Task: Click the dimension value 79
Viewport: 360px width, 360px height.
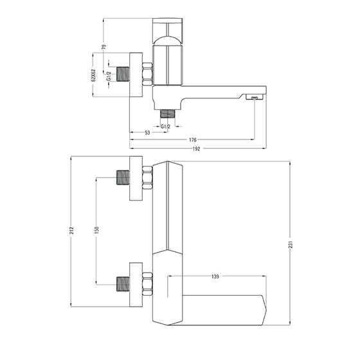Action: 104,48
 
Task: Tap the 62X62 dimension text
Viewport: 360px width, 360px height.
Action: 93,75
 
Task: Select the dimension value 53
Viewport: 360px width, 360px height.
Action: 147,132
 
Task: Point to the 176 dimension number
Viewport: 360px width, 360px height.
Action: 193,139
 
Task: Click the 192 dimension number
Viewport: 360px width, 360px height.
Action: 196,148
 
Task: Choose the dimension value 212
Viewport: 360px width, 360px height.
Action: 71,230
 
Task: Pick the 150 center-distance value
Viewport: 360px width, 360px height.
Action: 96,230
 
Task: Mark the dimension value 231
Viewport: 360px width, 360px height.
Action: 291,245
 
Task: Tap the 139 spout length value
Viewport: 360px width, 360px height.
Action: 215,276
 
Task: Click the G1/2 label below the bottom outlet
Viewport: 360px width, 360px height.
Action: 166,127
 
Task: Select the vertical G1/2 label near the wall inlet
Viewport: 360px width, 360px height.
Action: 109,76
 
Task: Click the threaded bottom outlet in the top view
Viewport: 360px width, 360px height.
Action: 167,114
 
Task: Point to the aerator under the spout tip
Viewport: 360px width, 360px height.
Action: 255,98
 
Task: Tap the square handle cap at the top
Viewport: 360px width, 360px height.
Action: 168,31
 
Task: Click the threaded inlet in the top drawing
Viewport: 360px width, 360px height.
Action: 123,74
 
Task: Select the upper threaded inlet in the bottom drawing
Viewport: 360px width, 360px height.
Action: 123,177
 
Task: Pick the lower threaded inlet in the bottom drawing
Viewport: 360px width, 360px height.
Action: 123,284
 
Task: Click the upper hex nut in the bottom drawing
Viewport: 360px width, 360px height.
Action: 147,177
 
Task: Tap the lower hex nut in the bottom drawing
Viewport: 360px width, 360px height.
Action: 147,284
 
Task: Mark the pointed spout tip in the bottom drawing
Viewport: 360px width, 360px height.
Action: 267,310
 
